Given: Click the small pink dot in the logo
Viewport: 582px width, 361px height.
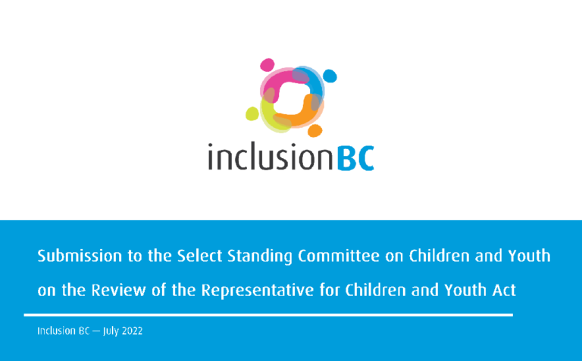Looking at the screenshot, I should click(267, 65).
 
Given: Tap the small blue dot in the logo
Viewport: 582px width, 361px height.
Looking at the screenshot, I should click(330, 76).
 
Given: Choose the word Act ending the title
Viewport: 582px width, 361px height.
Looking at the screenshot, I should click(512, 289).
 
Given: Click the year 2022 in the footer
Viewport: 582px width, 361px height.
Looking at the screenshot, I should click(127, 332).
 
